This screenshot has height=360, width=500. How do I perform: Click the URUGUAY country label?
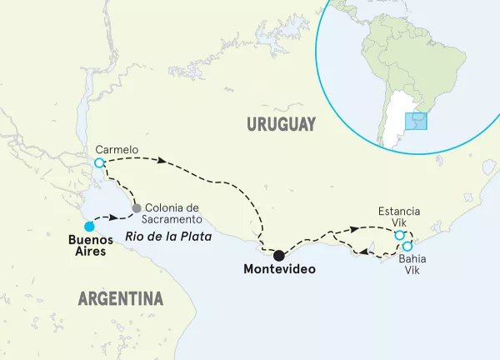pos(281,124)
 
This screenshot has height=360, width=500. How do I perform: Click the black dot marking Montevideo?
pos(279,255)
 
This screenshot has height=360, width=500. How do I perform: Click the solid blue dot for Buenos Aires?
pos(88,225)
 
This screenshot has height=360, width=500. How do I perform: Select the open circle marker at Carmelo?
pos(99,162)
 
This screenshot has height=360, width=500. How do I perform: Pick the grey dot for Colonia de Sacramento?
pos(136,207)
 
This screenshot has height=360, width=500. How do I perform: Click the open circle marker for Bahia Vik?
pos(407,247)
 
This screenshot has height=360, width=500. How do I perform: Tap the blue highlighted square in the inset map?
pos(414,122)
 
